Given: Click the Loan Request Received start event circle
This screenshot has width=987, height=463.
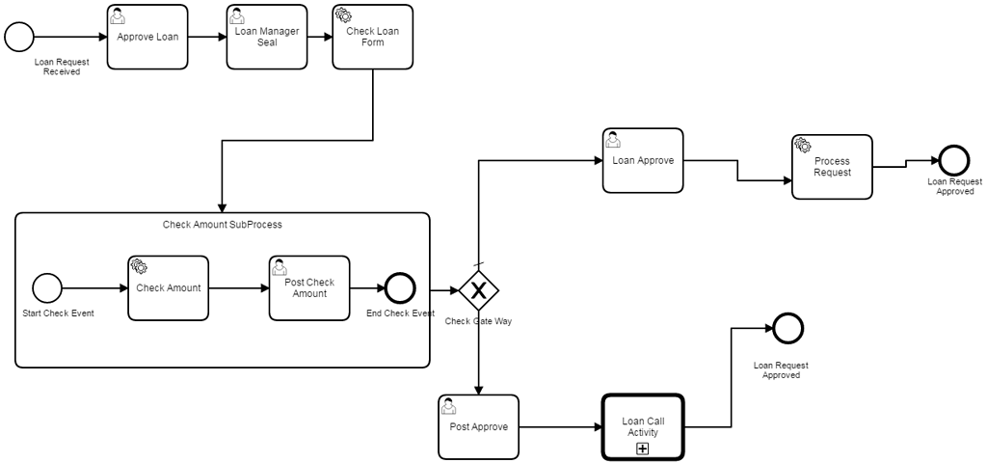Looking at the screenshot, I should [19, 37].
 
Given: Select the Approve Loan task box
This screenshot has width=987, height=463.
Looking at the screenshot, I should [147, 38].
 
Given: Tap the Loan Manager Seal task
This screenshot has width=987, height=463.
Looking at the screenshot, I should [267, 38].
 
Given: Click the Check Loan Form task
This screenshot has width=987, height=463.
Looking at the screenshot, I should [372, 38].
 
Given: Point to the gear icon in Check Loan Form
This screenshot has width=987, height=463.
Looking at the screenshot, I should [343, 15].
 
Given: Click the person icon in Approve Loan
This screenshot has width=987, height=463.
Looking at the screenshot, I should [118, 15].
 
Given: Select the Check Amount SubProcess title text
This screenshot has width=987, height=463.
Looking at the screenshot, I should [222, 225].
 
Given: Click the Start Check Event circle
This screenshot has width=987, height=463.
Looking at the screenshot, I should [46, 287].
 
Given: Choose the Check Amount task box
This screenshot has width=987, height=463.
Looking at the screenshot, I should [168, 288].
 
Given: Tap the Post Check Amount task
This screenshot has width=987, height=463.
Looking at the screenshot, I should [309, 288].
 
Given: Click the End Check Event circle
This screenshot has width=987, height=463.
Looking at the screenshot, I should [399, 288].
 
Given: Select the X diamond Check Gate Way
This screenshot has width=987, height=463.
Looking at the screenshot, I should [477, 290].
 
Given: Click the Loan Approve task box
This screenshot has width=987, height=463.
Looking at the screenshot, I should [642, 160].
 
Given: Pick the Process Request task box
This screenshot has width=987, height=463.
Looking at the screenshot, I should [832, 167].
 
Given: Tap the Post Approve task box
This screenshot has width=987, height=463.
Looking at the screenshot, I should [478, 426].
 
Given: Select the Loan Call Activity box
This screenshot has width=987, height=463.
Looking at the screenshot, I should [643, 427].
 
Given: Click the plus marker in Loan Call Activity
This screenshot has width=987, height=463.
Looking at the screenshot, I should [642, 449].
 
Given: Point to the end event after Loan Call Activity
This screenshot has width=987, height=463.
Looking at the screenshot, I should [787, 328].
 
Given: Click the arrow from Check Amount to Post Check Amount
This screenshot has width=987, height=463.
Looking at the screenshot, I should [238, 288].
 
